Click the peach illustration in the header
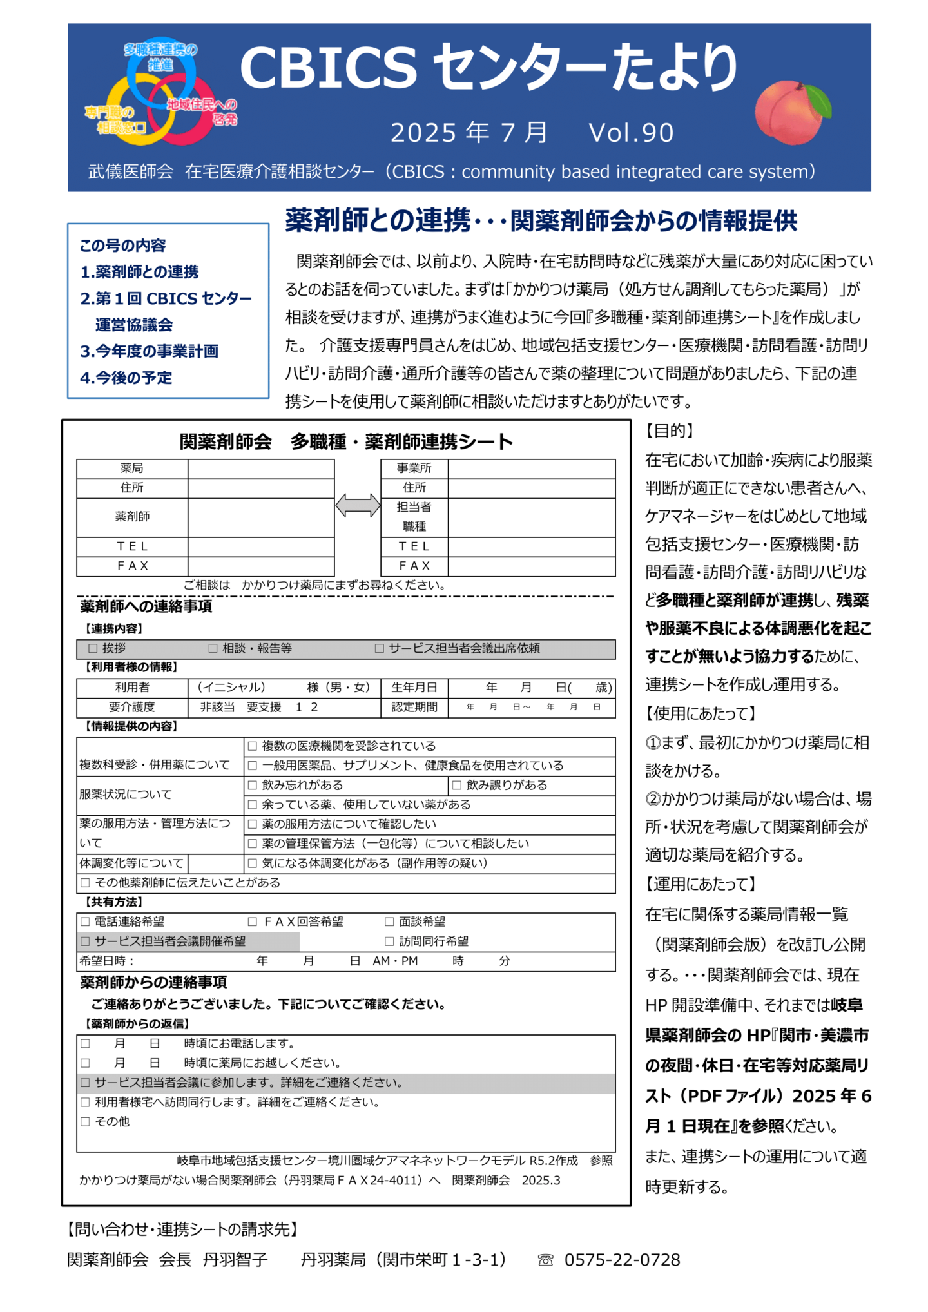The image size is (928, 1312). point(791,111)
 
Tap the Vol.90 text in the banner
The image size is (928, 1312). point(631,133)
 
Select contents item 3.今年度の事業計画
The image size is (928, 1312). point(149,351)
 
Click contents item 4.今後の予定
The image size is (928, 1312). point(126,378)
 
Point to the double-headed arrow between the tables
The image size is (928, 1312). point(358,505)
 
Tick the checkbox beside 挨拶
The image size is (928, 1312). point(93,648)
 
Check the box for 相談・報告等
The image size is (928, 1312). point(213,648)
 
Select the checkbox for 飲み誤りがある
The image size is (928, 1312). point(457,785)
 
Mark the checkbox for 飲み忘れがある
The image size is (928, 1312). point(253,785)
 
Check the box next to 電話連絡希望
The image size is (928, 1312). point(85,921)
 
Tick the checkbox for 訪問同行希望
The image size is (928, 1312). point(389,941)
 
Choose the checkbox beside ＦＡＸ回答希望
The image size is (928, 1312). point(253,921)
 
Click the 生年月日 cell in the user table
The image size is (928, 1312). point(414,688)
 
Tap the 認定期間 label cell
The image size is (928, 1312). point(414,707)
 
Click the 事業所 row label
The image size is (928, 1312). point(414,468)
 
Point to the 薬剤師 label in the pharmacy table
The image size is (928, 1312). point(132,517)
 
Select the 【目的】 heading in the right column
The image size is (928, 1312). point(670,431)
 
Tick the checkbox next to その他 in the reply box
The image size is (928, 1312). point(85,1121)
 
